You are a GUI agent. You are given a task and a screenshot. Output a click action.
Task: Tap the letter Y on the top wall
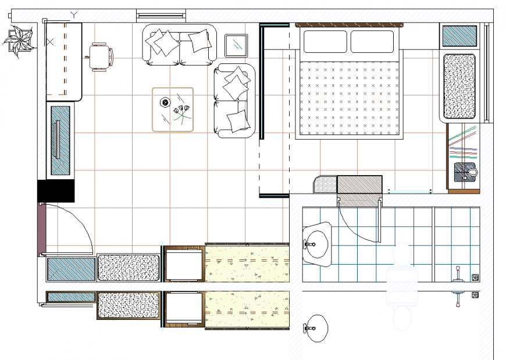click(x=74, y=15)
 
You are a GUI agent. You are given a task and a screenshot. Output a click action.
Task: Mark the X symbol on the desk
click(x=51, y=42)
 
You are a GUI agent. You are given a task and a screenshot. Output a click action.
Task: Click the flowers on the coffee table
click(x=182, y=112)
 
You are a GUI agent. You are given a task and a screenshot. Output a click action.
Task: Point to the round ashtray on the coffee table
click(x=165, y=104)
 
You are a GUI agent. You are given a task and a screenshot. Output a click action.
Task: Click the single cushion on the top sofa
click(x=200, y=40)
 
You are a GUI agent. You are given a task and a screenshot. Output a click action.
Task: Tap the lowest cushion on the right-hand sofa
click(x=238, y=120)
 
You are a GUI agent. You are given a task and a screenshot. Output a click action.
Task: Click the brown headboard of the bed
click(x=349, y=25)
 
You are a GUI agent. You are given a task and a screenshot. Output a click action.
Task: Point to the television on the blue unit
click(x=57, y=140)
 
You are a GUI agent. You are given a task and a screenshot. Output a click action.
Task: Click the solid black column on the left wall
click(x=56, y=191)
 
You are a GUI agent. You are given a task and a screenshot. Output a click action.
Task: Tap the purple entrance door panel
click(x=41, y=229)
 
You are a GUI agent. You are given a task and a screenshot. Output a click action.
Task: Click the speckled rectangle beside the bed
click(x=459, y=85)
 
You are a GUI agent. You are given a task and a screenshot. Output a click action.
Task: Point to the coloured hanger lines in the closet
click(x=463, y=145)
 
